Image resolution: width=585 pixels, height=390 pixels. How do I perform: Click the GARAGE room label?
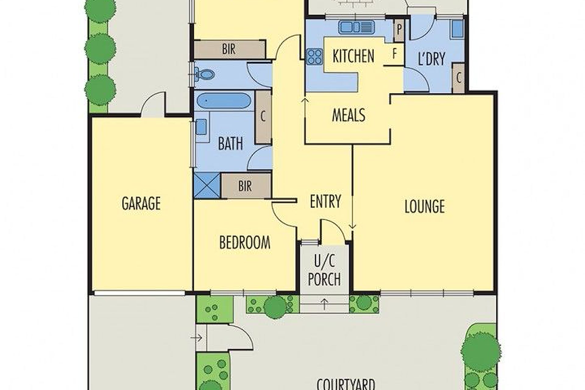141,203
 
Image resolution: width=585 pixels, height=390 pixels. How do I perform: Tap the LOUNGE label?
424,206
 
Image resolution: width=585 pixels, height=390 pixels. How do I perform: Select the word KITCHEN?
353,56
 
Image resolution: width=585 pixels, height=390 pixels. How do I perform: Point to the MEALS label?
349,115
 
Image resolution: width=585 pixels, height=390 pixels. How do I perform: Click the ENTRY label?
325,201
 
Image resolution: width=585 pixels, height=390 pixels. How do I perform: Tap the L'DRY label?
432,58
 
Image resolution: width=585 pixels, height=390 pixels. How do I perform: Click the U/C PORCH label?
324,271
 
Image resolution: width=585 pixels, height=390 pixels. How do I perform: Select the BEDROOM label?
245,243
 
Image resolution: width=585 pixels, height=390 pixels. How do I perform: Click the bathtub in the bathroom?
224,101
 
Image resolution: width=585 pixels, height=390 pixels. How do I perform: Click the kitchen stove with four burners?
314,56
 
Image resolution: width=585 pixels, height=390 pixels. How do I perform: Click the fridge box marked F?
394,54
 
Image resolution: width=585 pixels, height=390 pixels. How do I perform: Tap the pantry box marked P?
399,30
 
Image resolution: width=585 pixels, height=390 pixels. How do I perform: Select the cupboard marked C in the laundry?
459,78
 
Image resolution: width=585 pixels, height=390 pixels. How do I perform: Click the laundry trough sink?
456,29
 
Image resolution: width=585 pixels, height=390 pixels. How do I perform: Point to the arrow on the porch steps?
324,304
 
